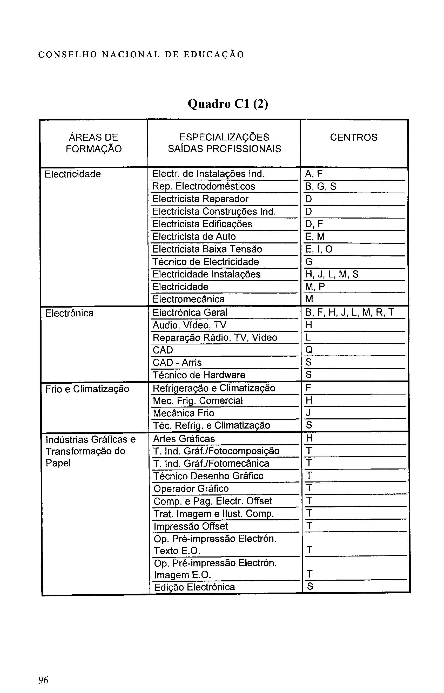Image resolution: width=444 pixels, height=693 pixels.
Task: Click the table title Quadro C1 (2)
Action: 228,104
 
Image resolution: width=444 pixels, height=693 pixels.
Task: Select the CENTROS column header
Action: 353,137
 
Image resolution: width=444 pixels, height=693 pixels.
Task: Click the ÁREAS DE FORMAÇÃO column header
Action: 94,143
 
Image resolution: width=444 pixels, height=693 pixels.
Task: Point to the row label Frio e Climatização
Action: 87,389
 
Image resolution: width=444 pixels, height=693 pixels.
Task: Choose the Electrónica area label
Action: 69,313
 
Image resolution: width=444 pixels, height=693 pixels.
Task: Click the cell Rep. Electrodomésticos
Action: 204,186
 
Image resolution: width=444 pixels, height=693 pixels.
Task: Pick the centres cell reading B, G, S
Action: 321,186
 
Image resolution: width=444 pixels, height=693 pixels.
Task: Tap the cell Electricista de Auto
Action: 194,236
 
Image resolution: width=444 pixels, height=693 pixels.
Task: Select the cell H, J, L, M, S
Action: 332,274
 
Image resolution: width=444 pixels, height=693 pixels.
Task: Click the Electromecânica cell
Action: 188,299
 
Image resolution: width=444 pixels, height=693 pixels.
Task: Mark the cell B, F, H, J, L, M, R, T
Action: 349,312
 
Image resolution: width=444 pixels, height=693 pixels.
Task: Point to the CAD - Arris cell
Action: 177,363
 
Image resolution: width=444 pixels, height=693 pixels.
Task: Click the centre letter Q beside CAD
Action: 309,350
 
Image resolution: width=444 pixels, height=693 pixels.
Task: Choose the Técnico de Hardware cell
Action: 199,375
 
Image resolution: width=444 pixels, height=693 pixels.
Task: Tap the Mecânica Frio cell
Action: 183,413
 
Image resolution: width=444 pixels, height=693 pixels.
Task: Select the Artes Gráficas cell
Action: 184,439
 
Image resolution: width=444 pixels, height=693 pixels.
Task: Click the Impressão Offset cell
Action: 191,526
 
